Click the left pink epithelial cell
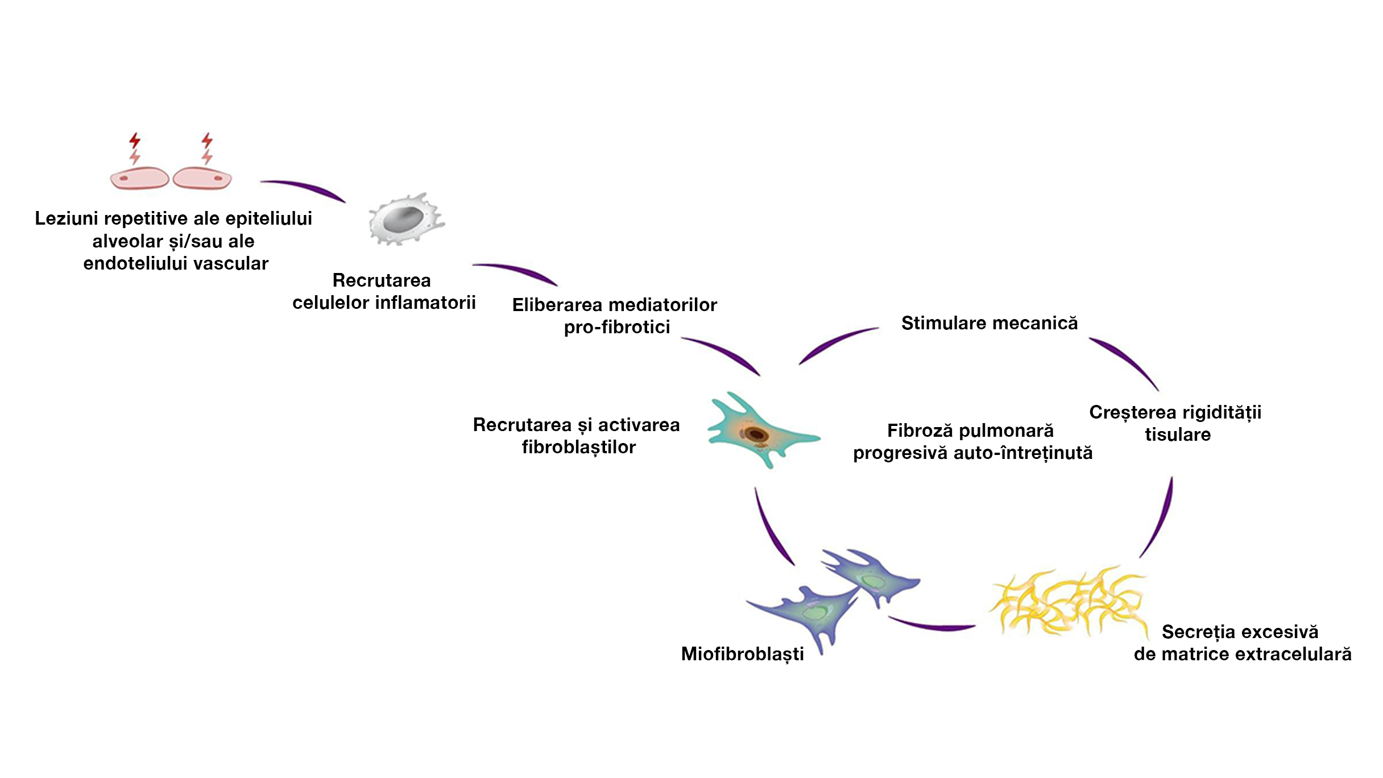coord(139,178)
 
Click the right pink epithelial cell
coord(202,178)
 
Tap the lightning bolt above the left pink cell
coord(135,148)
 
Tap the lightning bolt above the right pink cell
coord(207,148)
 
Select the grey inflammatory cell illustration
coord(405,220)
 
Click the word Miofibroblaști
coord(742,654)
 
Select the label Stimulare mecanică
coord(989,323)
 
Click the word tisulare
coord(1177,434)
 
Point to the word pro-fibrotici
coord(616,327)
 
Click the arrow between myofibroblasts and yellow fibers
coord(933,625)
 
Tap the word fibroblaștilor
coord(578,447)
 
